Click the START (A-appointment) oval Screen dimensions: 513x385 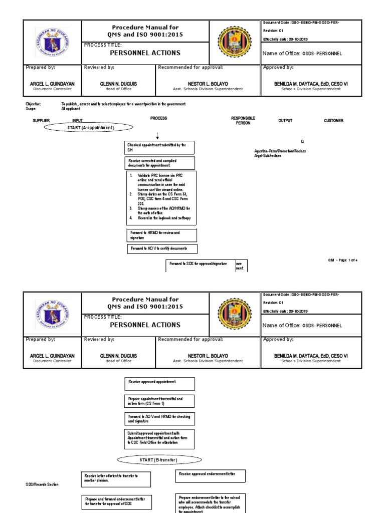click(x=91, y=128)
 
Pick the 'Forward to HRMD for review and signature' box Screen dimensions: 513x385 click(x=160, y=235)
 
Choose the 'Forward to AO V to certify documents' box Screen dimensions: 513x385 click(x=161, y=249)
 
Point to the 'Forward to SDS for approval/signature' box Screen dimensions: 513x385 click(x=201, y=265)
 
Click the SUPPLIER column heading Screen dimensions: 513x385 click(x=41, y=121)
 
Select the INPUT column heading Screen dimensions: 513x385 click(x=78, y=121)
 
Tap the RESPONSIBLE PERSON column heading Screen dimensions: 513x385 click(x=243, y=120)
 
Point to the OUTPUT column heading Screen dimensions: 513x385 click(x=285, y=121)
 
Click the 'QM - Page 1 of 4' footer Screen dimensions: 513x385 click(x=343, y=260)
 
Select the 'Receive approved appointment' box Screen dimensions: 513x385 click(x=159, y=384)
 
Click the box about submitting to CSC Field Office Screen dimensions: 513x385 click(x=159, y=439)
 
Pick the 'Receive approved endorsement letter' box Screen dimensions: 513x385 click(x=211, y=476)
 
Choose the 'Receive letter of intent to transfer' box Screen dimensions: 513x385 click(x=115, y=478)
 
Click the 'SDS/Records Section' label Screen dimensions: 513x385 click(x=42, y=485)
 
